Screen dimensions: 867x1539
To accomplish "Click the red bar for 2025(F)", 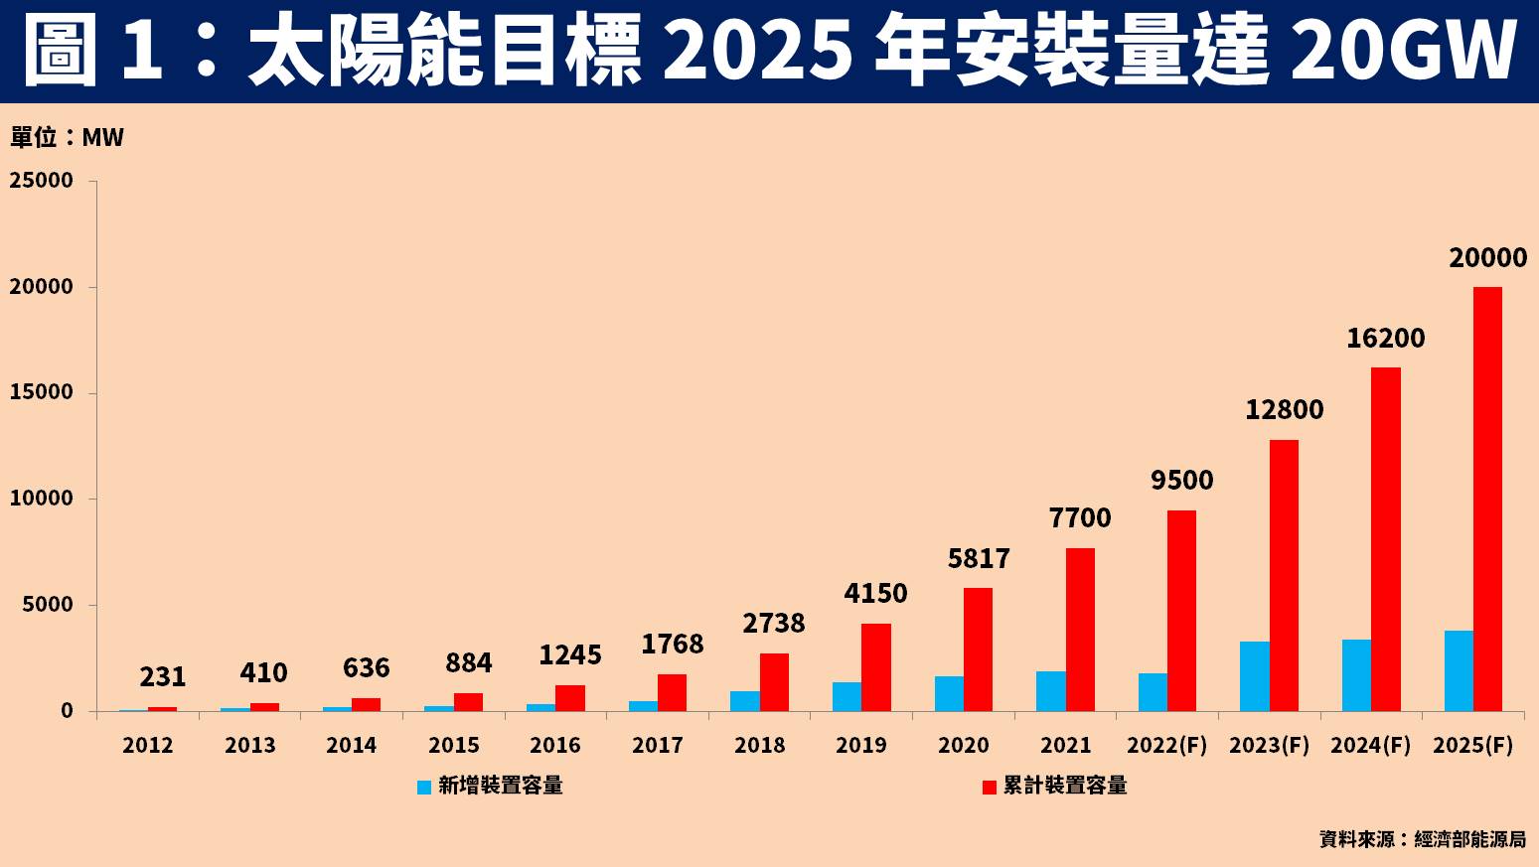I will (x=1487, y=499).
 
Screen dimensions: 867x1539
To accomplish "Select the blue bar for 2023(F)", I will (x=1254, y=676).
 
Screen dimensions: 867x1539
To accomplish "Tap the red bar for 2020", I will (x=978, y=650).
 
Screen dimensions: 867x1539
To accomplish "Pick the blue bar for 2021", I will (x=1050, y=691).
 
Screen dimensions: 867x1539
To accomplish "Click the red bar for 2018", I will (x=774, y=682).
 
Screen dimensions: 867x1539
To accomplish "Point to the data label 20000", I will (x=1487, y=258).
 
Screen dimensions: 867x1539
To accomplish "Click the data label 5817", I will (x=979, y=559).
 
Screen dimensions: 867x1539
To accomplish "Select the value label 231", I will (x=163, y=677).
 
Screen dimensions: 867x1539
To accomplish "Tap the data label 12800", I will (x=1284, y=410).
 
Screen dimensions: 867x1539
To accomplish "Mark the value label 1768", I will (x=672, y=645).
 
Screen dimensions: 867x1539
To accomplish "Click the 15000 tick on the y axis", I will (x=42, y=392).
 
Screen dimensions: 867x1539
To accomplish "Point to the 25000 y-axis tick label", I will (x=42, y=181).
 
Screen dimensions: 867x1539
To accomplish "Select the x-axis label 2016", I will (x=555, y=745).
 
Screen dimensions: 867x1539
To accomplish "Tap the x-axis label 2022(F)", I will (x=1167, y=745).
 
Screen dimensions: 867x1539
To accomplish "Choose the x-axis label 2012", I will (x=148, y=745).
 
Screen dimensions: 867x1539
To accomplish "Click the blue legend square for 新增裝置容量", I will (x=424, y=787).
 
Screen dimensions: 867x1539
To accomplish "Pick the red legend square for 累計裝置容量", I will (x=989, y=787).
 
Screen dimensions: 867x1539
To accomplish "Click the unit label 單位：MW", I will (x=68, y=137).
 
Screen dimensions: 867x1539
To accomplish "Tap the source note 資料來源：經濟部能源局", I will (x=1422, y=839).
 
